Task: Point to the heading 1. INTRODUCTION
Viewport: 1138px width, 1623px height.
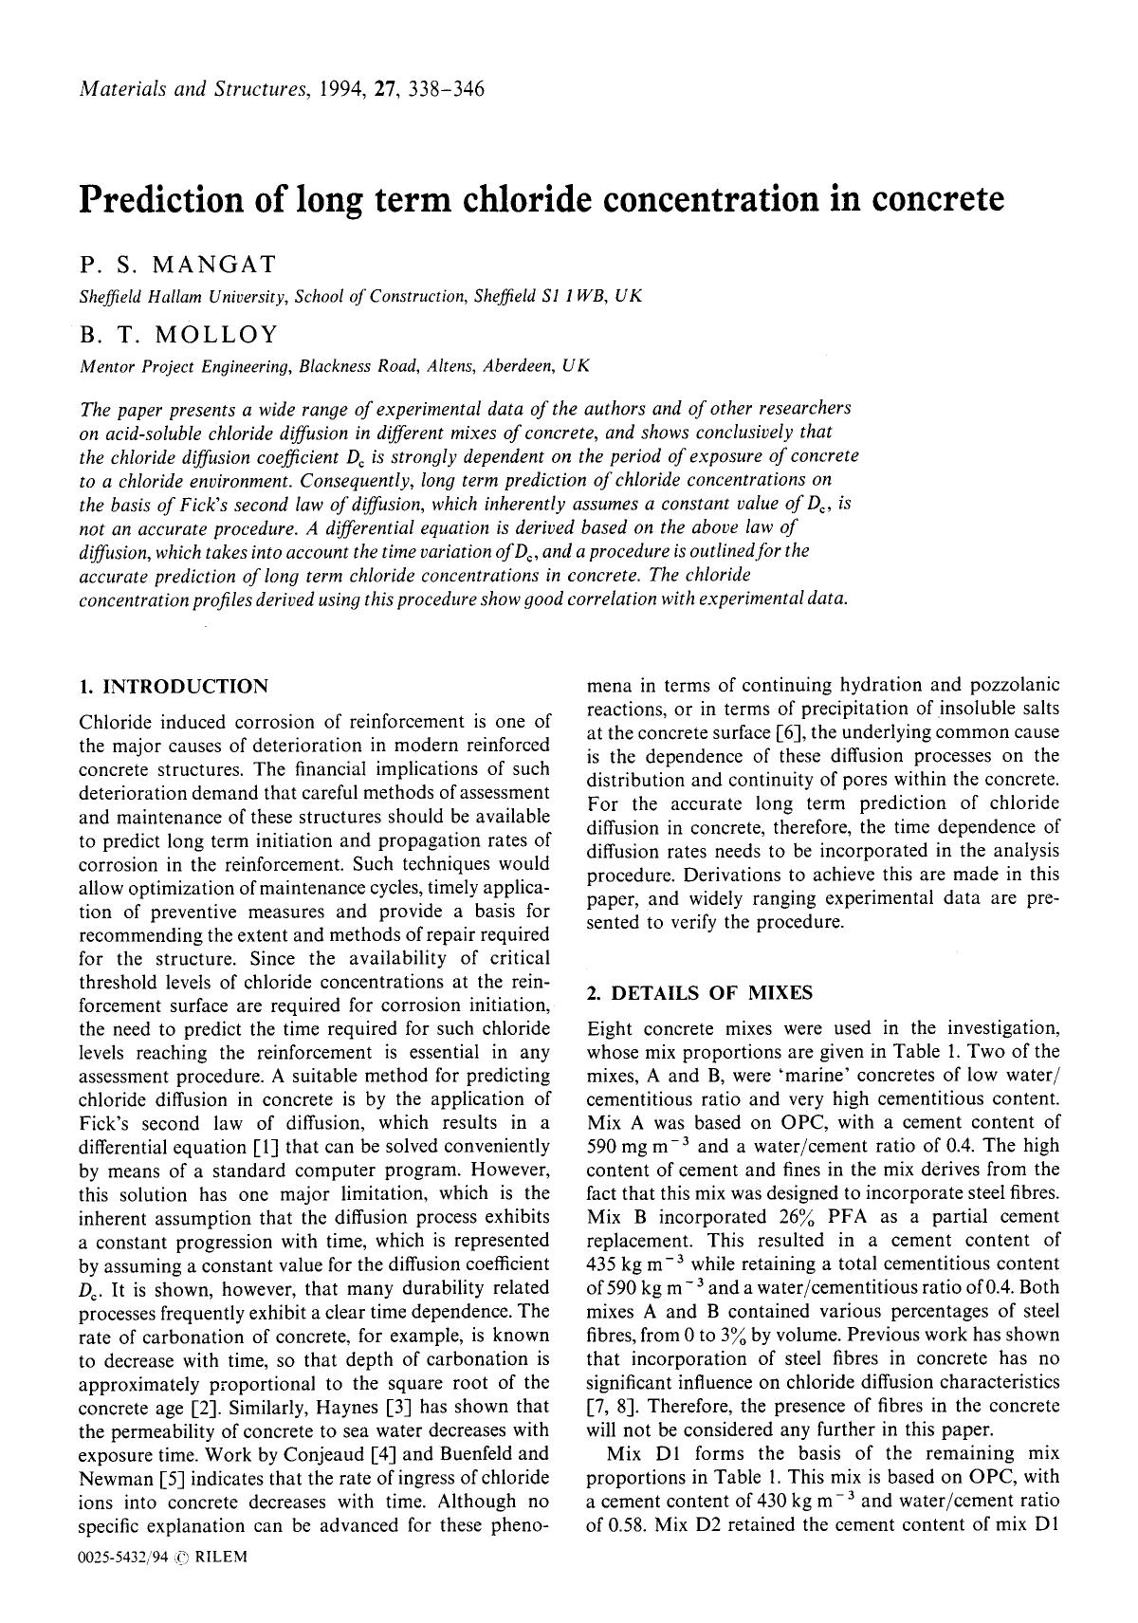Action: (174, 686)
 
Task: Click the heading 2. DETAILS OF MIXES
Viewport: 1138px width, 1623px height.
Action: (700, 993)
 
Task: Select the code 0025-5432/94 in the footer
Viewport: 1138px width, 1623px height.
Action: (123, 1558)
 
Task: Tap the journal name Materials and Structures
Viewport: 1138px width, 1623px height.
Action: (193, 90)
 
